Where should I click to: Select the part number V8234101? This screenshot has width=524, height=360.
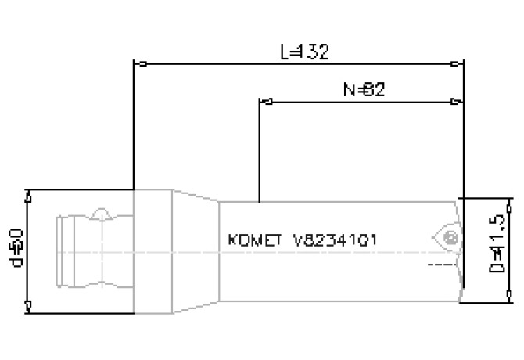336,239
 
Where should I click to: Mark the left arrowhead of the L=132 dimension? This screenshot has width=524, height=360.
139,63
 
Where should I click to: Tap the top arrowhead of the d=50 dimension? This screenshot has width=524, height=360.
28,194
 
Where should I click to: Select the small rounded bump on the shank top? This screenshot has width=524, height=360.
101,213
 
